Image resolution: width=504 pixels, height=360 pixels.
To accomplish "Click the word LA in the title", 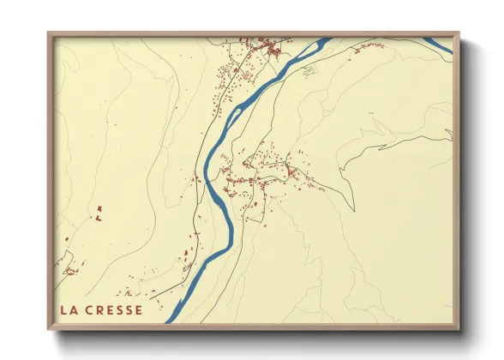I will (68, 310).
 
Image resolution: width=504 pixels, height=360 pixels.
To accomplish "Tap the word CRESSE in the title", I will (114, 310).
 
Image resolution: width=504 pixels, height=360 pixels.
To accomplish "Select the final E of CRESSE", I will (139, 310).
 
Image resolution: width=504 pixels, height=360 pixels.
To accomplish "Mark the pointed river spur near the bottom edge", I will (171, 318).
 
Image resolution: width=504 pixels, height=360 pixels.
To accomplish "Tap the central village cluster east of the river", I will (257, 171).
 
